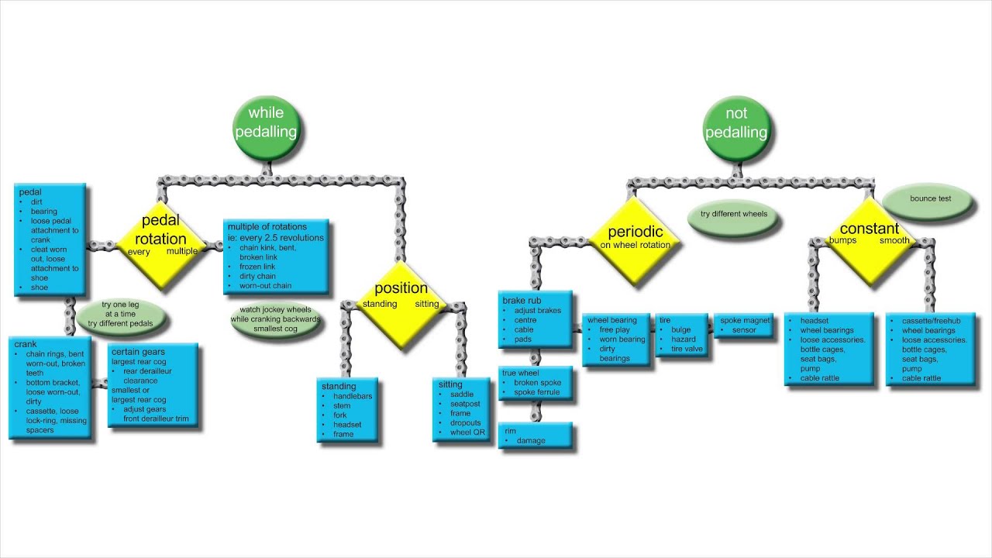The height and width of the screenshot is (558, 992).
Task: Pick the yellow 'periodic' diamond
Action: tap(635, 238)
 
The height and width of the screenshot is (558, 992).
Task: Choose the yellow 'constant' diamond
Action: tap(869, 235)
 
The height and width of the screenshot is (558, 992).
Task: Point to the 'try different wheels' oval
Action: tap(732, 214)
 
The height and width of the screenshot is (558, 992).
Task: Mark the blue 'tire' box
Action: tap(682, 334)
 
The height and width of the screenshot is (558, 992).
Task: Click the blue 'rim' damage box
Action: tap(536, 436)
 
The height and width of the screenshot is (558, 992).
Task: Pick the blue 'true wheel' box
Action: tap(536, 383)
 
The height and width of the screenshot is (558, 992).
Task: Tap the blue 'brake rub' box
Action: tap(536, 319)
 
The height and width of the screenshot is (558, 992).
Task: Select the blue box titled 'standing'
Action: tap(347, 409)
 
